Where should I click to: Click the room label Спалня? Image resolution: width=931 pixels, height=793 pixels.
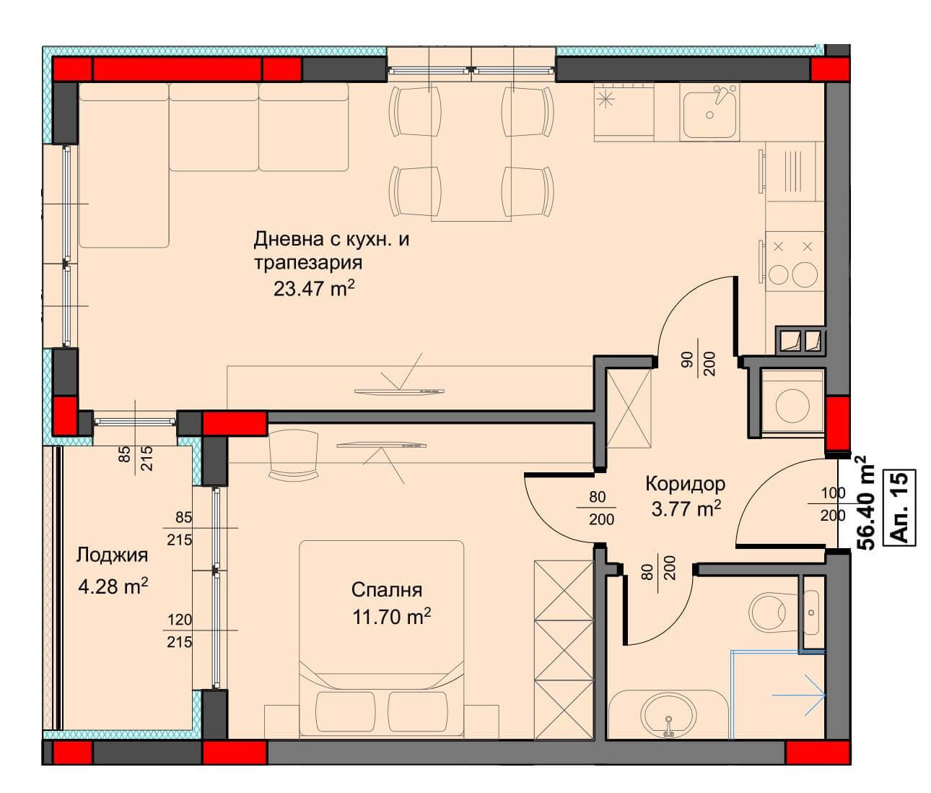coord(386,589)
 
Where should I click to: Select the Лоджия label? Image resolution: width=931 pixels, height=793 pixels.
coord(112,555)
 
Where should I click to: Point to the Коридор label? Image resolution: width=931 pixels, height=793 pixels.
coord(685,484)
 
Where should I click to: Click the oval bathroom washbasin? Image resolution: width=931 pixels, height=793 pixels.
coord(668,714)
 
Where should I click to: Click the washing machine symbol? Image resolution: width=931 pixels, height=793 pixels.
coord(792,404)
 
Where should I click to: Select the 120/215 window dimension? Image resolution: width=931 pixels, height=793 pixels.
coord(180,630)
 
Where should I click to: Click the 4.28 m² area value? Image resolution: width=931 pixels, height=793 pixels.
coord(113,586)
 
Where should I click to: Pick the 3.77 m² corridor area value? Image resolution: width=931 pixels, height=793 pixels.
coord(686,509)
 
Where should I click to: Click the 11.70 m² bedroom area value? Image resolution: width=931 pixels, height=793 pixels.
coord(391,617)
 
